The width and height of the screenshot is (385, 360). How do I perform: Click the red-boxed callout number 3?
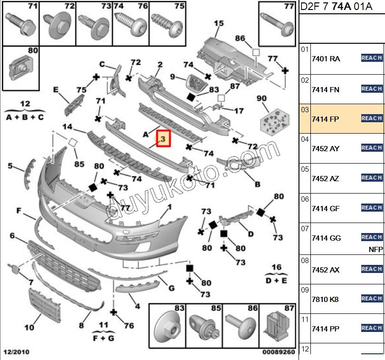[164, 139]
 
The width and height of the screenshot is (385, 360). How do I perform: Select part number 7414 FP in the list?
[325, 119]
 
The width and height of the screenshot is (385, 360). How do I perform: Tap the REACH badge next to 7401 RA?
[372, 58]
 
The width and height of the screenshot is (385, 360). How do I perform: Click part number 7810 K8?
[325, 300]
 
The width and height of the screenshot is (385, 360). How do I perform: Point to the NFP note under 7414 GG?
[375, 249]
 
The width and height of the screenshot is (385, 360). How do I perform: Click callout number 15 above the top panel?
[218, 23]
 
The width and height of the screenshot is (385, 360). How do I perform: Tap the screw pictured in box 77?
[276, 21]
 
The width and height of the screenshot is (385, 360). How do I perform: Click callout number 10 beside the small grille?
[29, 327]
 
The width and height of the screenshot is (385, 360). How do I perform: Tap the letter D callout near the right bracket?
[250, 234]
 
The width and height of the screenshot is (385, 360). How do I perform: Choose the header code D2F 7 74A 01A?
[336, 8]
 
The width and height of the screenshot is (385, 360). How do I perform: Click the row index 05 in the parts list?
[305, 169]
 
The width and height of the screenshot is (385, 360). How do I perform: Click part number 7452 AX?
[325, 270]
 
